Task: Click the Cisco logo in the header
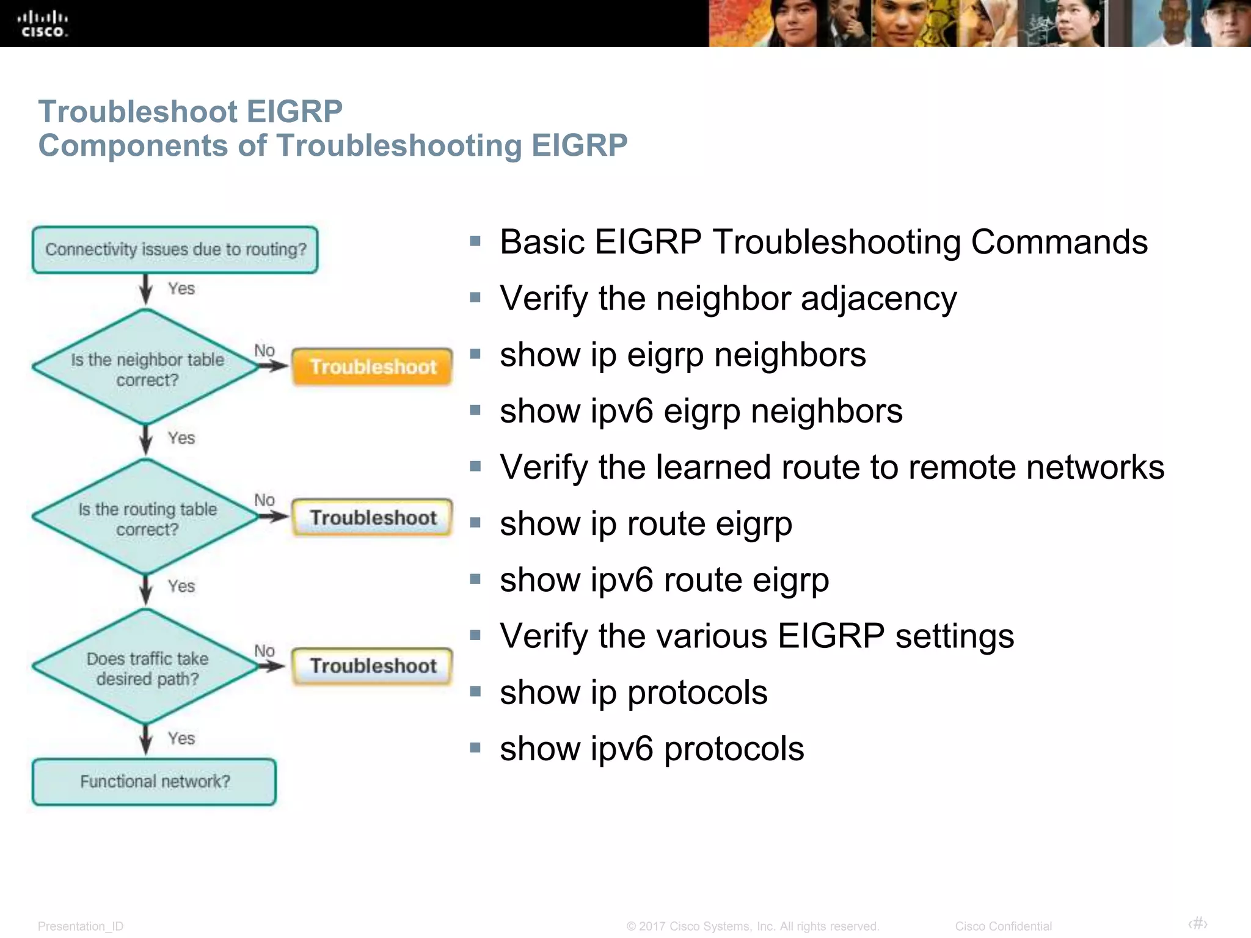[x=42, y=24]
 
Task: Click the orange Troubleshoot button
[x=373, y=366]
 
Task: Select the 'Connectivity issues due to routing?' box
[x=175, y=250]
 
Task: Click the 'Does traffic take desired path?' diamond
[x=147, y=667]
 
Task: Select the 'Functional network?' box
[x=155, y=782]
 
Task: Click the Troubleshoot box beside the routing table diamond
[x=373, y=517]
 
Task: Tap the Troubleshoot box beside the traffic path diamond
[x=373, y=666]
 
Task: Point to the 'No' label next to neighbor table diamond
[x=264, y=351]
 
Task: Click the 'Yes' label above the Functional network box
[x=181, y=738]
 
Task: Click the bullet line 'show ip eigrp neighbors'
[x=682, y=355]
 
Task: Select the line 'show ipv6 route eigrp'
[x=664, y=580]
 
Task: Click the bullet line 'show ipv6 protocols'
[x=652, y=749]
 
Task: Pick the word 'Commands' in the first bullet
[x=1059, y=242]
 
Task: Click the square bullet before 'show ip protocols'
[x=475, y=691]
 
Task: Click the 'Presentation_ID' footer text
[x=81, y=926]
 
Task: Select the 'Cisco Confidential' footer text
[x=1003, y=926]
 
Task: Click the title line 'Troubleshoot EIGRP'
[x=190, y=112]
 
